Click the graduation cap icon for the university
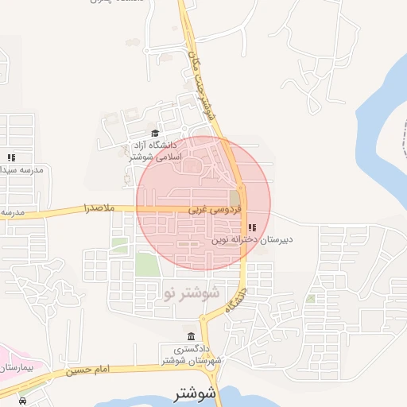click(154, 134)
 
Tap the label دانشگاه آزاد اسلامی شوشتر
click(158, 151)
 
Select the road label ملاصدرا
click(99, 208)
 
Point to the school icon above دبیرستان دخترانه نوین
click(252, 228)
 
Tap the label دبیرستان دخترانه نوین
click(253, 238)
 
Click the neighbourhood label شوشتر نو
click(190, 293)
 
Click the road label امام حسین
click(87, 369)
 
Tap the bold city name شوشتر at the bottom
click(194, 393)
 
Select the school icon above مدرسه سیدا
click(11, 158)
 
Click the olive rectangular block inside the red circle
click(235, 197)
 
